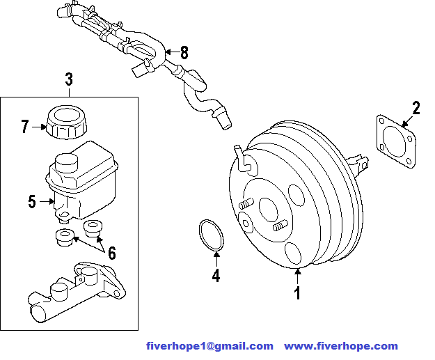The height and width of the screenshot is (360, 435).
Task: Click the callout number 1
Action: [x=298, y=294]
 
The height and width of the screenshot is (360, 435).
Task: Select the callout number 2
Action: [x=416, y=108]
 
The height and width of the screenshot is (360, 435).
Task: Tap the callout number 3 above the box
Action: [x=69, y=80]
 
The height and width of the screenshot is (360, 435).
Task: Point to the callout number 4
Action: [x=216, y=276]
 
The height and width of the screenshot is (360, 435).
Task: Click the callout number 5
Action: [x=32, y=202]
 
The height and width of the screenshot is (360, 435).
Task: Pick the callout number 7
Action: [x=25, y=127]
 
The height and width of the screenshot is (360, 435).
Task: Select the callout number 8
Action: [x=184, y=52]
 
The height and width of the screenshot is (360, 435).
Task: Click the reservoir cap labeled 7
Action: [x=66, y=123]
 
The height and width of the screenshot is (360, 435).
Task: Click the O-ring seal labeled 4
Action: [x=209, y=235]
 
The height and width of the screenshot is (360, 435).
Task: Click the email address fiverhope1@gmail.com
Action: [x=209, y=346]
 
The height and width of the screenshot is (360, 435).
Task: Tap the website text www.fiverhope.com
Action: [x=341, y=346]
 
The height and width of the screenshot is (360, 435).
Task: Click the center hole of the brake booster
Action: [x=268, y=208]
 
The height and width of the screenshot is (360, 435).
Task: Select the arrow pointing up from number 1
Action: [x=298, y=277]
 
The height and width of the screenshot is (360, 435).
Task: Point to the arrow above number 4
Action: [x=216, y=258]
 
